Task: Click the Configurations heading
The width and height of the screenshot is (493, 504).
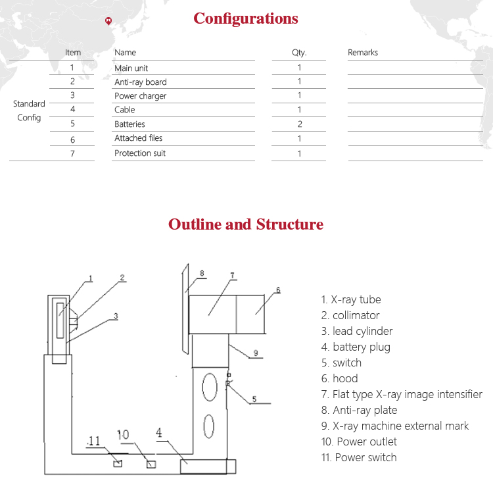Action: [x=245, y=18]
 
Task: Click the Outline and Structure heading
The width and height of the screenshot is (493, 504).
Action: [x=246, y=224]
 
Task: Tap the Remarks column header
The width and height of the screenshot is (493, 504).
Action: [x=363, y=53]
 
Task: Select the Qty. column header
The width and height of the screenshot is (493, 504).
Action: [x=299, y=53]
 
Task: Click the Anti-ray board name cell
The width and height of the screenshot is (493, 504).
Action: [x=141, y=82]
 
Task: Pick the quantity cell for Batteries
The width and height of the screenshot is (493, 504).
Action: [x=299, y=124]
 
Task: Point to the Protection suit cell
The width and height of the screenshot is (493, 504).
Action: [x=140, y=153]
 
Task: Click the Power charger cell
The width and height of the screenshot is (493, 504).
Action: [x=141, y=96]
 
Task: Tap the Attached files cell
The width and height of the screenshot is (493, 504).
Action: [x=139, y=138]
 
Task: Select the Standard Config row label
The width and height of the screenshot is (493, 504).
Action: [x=29, y=111]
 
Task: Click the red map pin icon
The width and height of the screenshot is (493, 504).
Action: [x=108, y=21]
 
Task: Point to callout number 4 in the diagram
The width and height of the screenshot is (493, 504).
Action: [x=158, y=433]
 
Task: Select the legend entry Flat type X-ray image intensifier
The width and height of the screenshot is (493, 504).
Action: [x=402, y=395]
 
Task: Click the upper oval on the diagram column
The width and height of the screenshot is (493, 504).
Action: [x=209, y=387]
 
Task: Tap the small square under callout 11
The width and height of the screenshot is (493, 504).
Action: [x=118, y=463]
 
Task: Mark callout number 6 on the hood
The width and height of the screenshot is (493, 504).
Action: [x=277, y=290]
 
